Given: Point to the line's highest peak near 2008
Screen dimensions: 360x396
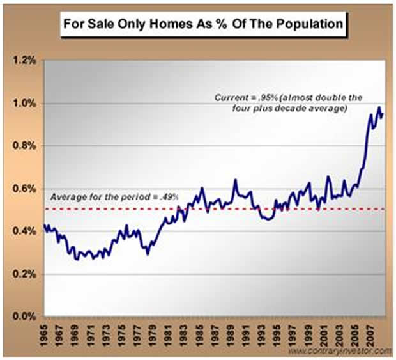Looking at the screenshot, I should (x=379, y=107).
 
